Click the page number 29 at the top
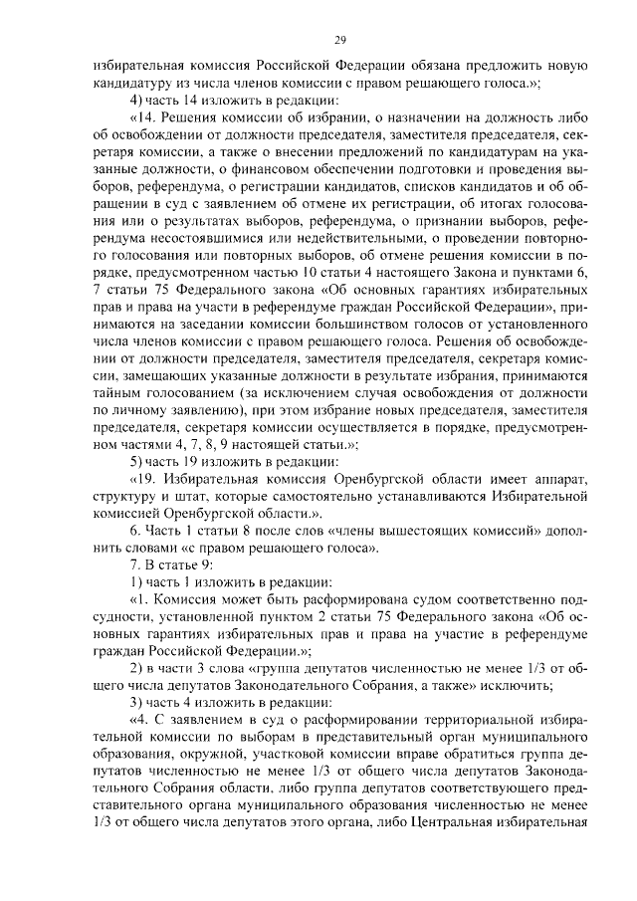pos(339,40)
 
